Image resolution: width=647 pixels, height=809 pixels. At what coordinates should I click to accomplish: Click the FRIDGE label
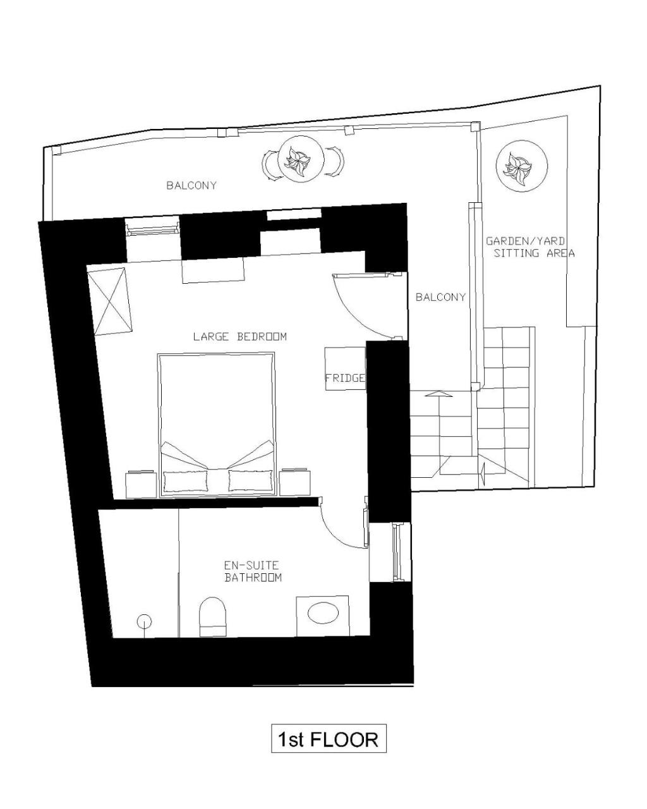point(345,377)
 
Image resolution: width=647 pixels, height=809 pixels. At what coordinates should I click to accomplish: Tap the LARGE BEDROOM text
point(240,336)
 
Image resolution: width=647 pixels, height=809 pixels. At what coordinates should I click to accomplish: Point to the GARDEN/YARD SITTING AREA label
point(530,246)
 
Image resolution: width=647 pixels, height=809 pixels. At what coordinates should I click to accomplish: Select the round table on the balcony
point(301,159)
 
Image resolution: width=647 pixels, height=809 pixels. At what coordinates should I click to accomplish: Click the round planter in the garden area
point(521,166)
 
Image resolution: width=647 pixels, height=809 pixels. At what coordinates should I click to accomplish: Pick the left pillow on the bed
point(186,480)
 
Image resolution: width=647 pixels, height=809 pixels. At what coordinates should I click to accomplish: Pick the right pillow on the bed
point(250,480)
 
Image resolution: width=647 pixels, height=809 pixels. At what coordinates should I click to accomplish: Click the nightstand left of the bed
point(141,484)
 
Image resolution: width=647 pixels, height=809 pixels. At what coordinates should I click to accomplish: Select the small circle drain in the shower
point(144,621)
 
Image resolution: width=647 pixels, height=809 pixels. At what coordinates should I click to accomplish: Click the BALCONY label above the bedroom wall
point(191,185)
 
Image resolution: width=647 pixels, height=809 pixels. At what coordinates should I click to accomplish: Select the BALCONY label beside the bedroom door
point(440,297)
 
